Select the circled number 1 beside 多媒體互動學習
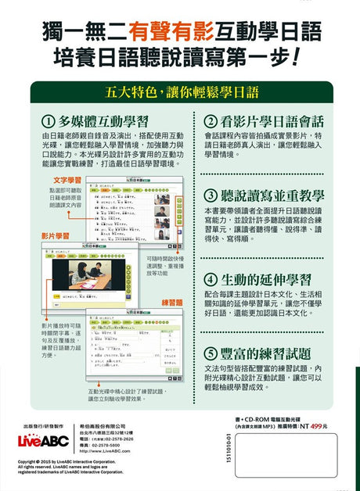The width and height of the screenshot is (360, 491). click(48, 121)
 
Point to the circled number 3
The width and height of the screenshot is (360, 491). click(211, 195)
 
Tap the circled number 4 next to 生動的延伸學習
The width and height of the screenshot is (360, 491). click(211, 279)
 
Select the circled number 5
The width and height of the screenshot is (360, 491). click(211, 353)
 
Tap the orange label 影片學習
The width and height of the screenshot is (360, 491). click(54, 235)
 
